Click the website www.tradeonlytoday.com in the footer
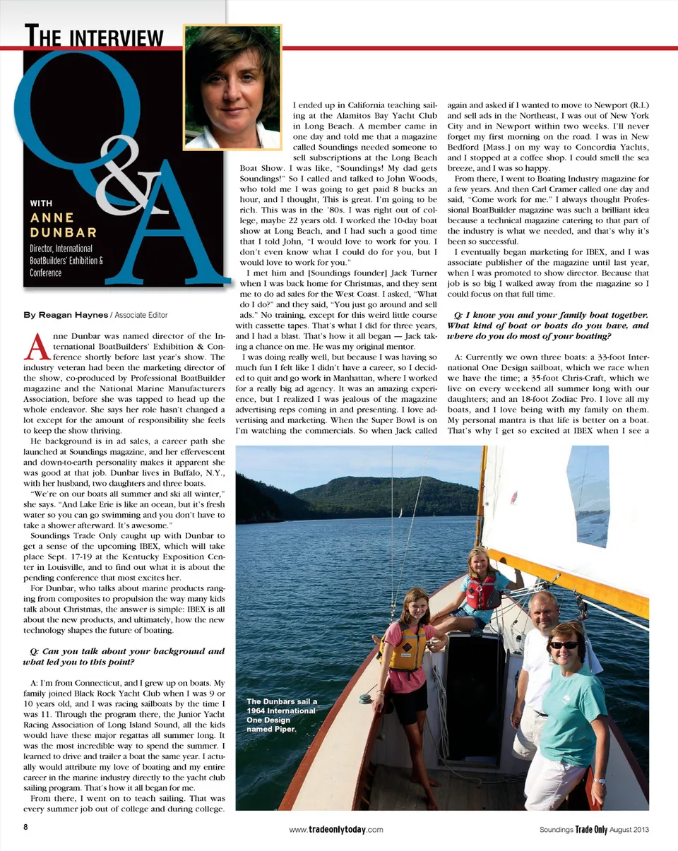click(x=336, y=830)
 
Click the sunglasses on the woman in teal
click(x=564, y=645)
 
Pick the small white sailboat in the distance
click(x=400, y=512)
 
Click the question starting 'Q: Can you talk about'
click(x=124, y=656)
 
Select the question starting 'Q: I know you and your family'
click(x=547, y=320)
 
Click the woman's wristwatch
click(x=599, y=781)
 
